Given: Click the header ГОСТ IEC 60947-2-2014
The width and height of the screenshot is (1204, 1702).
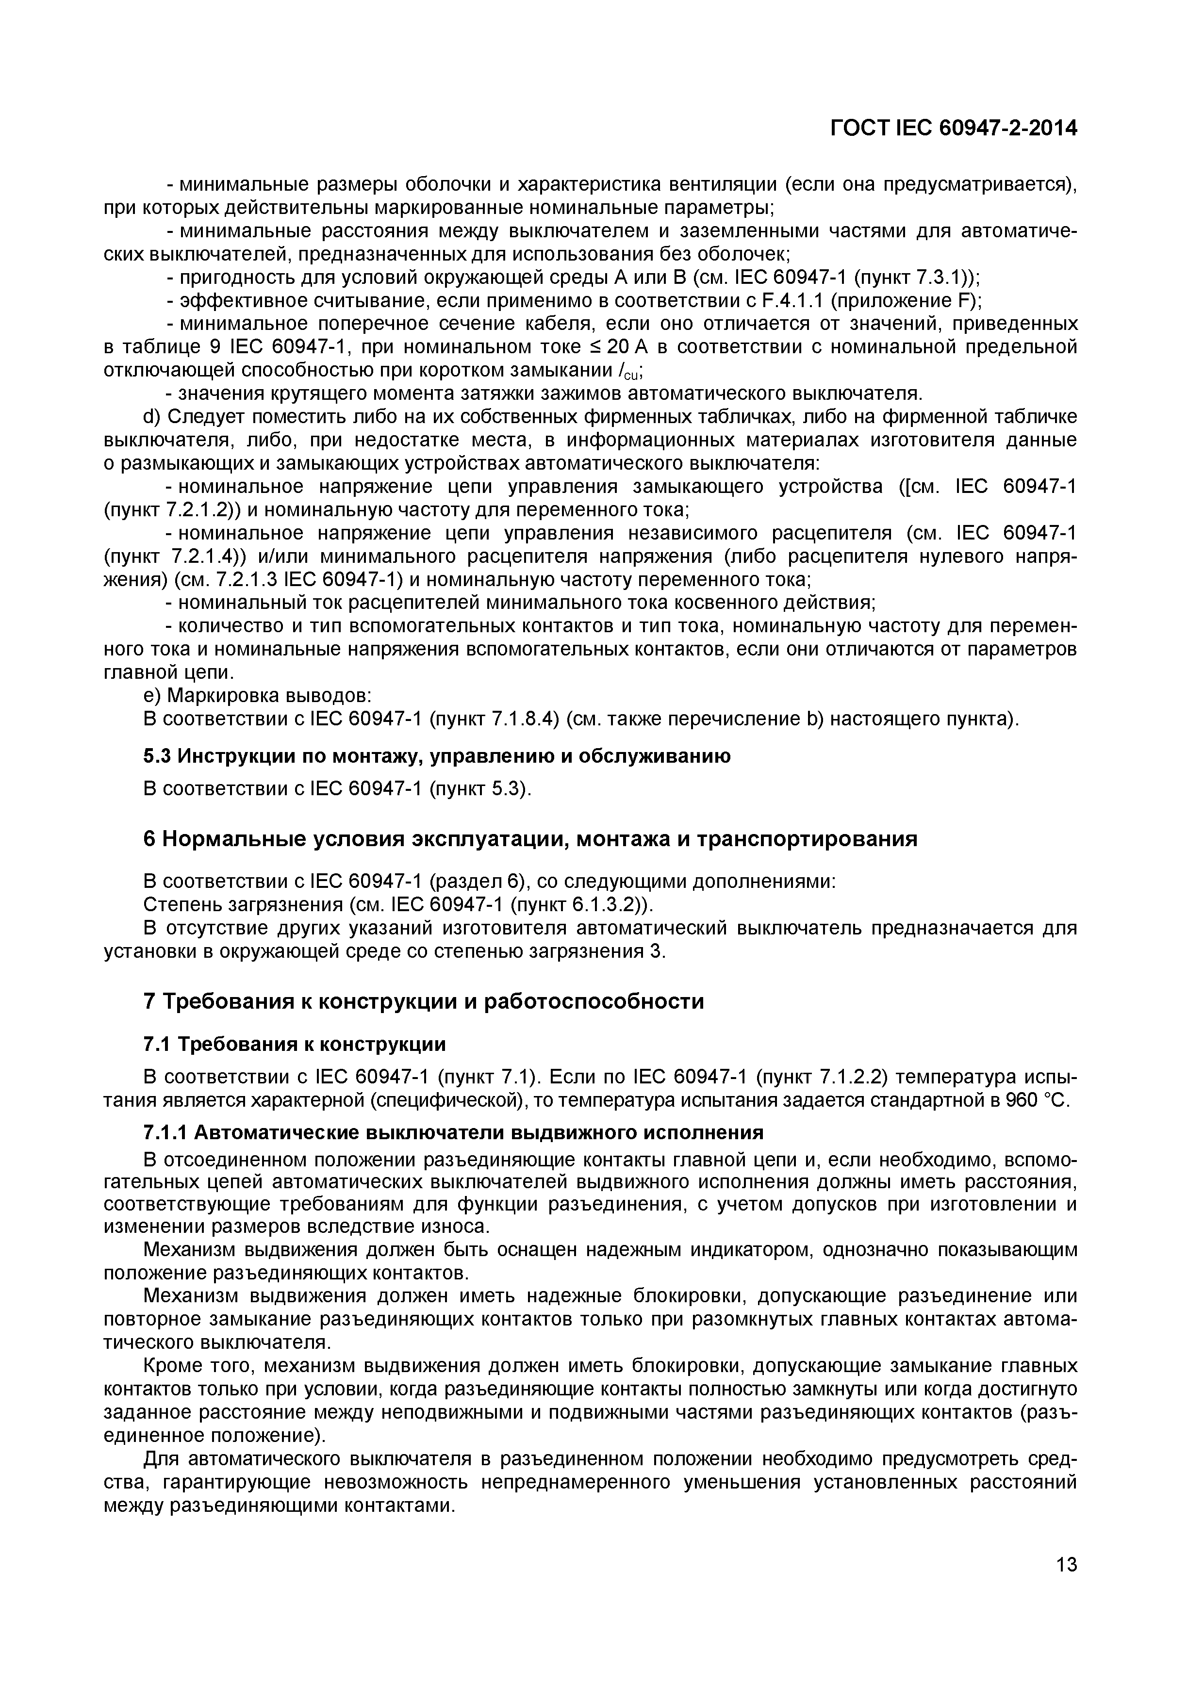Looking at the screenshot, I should coord(953,128).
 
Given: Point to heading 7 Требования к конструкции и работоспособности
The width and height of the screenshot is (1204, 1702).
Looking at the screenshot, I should coord(423,1001).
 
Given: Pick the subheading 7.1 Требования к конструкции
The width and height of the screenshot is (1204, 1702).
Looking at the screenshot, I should coord(295,1045).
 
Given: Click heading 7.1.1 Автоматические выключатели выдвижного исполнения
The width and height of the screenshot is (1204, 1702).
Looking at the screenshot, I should coord(453,1133).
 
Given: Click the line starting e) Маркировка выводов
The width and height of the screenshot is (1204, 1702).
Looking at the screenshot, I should coord(257,696).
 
